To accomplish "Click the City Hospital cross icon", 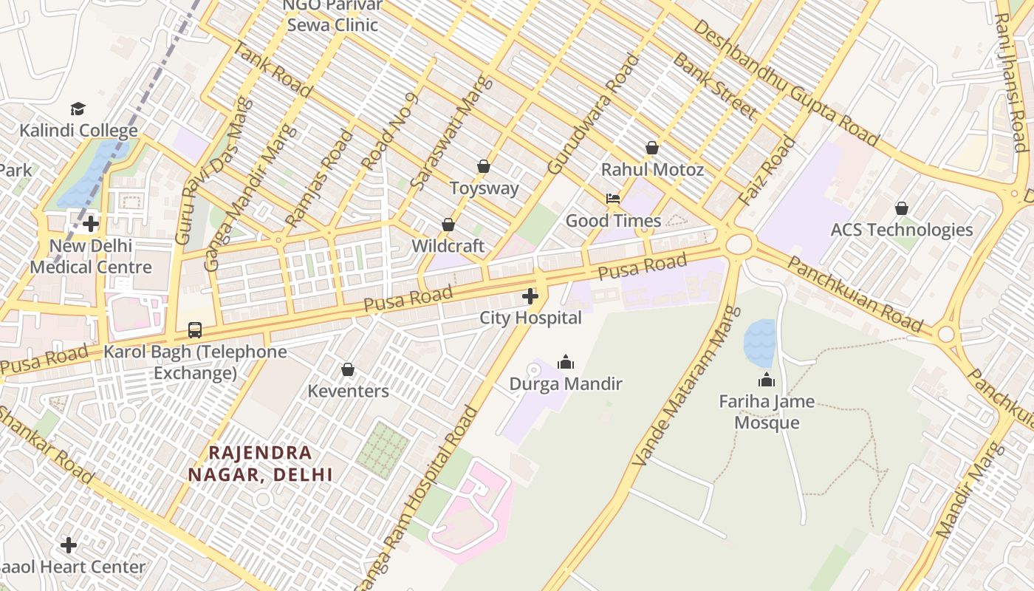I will pyautogui.click(x=530, y=297).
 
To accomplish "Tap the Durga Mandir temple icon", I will pyautogui.click(x=566, y=362).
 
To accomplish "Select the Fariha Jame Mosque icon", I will pyautogui.click(x=767, y=380).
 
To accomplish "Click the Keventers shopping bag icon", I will pyautogui.click(x=348, y=369).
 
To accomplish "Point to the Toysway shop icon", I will pyautogui.click(x=484, y=166).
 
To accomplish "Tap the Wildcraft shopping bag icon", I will pyautogui.click(x=448, y=225).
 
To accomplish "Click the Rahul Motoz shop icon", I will pyautogui.click(x=651, y=148).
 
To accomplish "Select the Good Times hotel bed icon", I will pyautogui.click(x=613, y=199).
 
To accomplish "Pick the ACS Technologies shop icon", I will pyautogui.click(x=901, y=208).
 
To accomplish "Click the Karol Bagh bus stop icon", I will pyautogui.click(x=195, y=329).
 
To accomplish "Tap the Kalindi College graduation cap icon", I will pyautogui.click(x=78, y=109).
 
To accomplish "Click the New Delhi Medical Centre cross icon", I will pyautogui.click(x=91, y=223).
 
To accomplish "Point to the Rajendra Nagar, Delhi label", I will pyautogui.click(x=260, y=463).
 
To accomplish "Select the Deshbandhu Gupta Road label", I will pyautogui.click(x=787, y=82).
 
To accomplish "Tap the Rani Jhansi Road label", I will pyautogui.click(x=1010, y=81).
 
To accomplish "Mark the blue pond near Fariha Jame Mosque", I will pyautogui.click(x=759, y=343).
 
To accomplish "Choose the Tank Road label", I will pyautogui.click(x=272, y=69).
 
